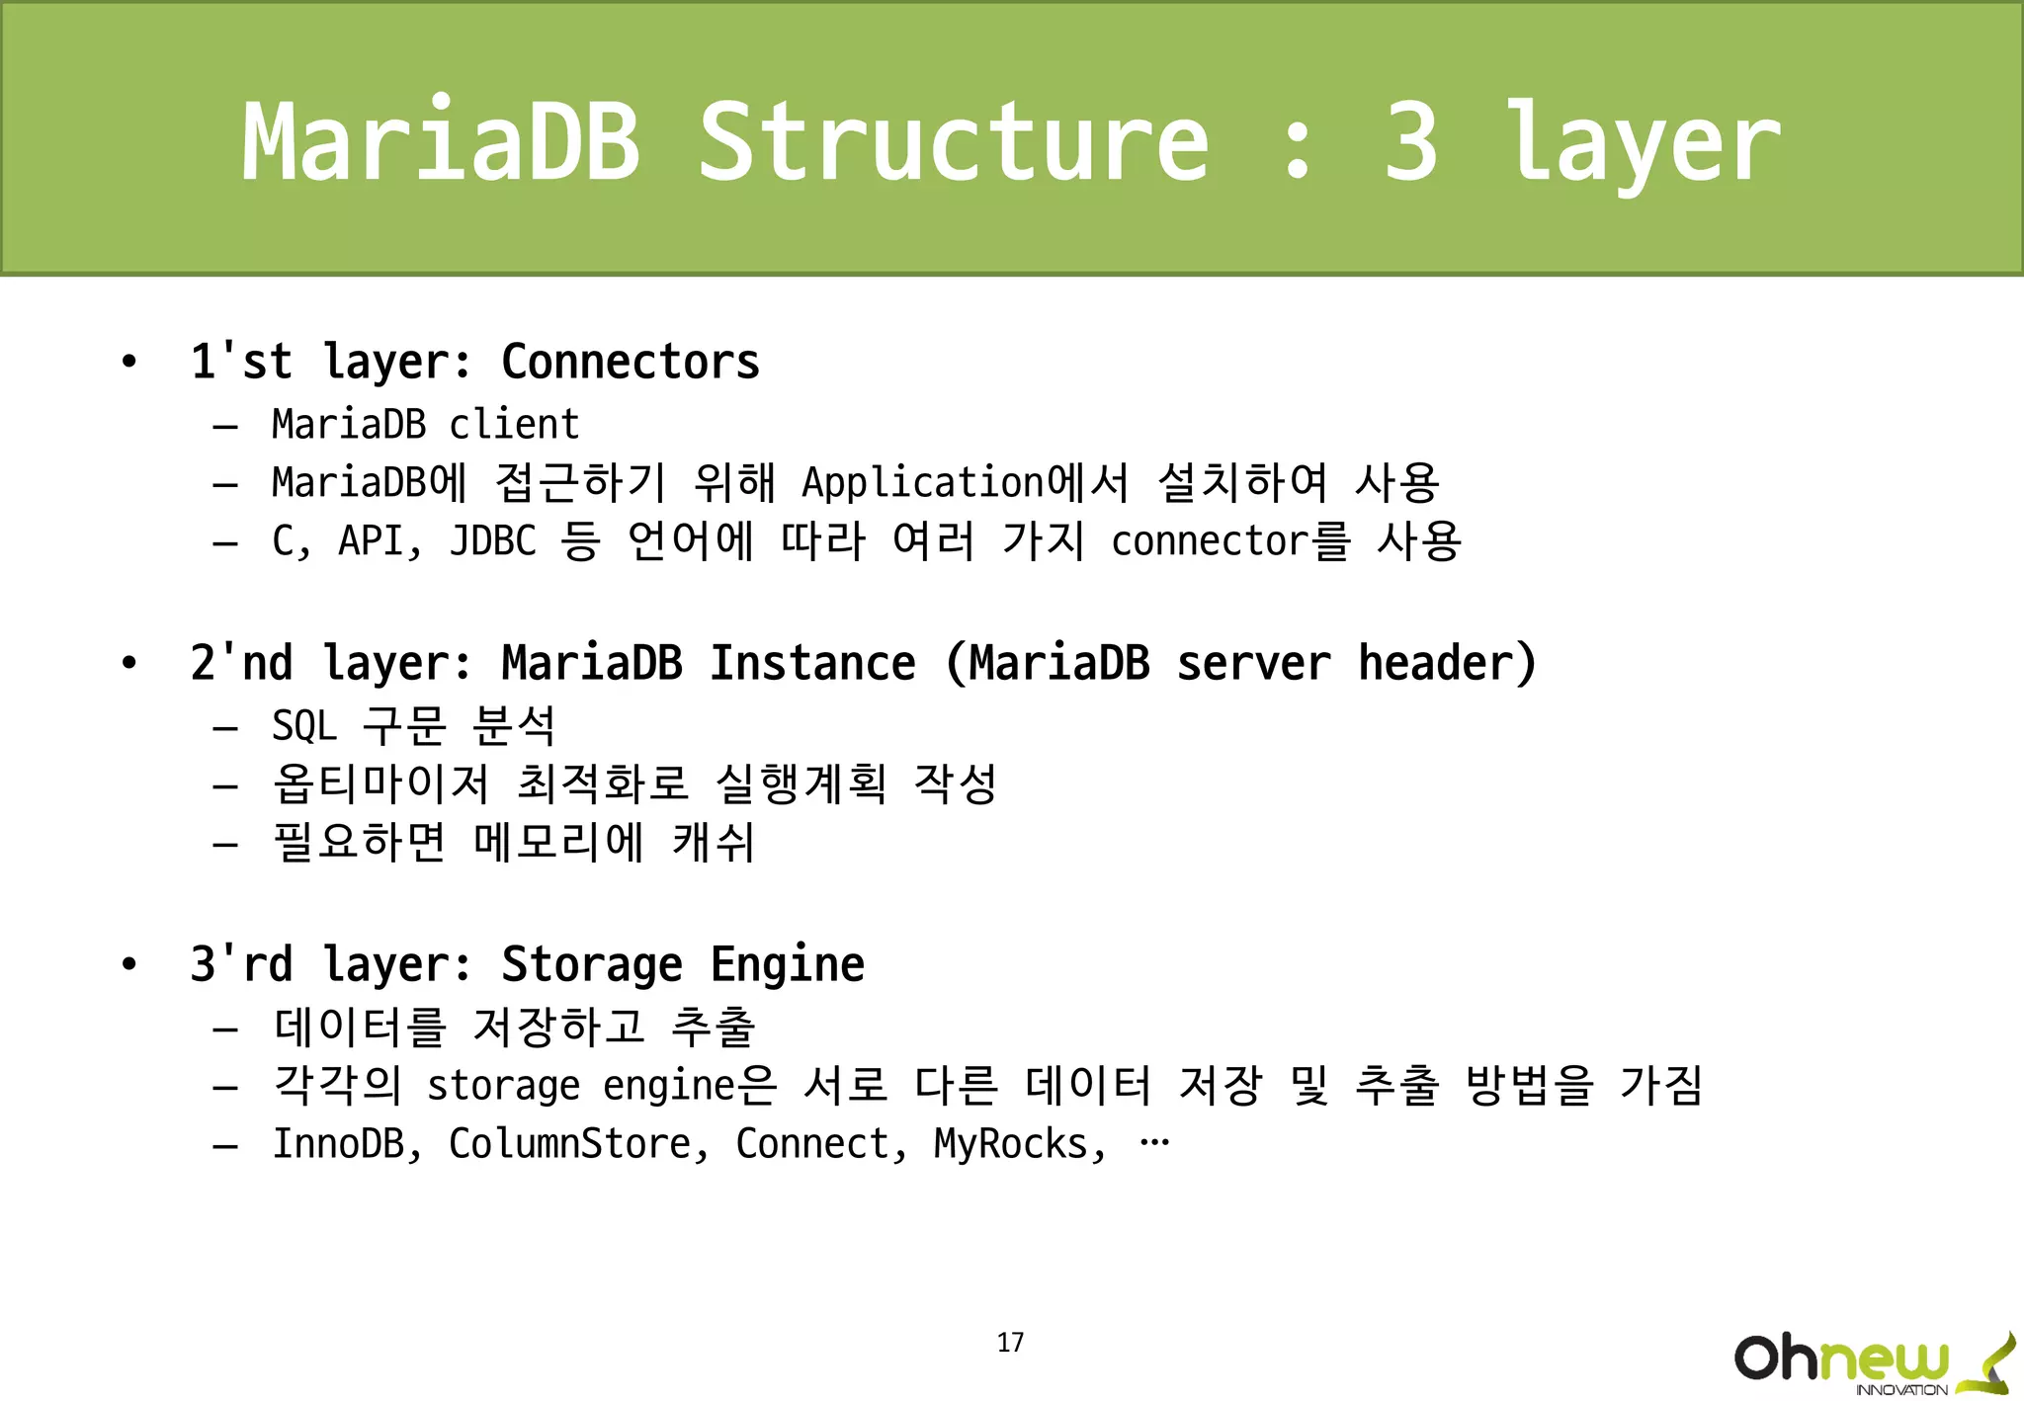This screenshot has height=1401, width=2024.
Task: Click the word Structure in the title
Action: (x=954, y=143)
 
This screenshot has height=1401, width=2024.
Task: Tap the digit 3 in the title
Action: (x=1410, y=143)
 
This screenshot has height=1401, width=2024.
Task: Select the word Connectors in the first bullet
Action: (x=631, y=362)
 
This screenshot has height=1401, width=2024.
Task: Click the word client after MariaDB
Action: (x=514, y=425)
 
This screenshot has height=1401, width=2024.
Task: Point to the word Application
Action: (x=922, y=483)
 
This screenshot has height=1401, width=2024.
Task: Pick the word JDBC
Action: (x=492, y=541)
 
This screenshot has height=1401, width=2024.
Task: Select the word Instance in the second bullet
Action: (x=812, y=663)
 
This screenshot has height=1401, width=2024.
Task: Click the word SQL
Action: (x=304, y=726)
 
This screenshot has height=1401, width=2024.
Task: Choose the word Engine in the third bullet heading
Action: (x=787, y=964)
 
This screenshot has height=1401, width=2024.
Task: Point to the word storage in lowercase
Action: (x=503, y=1086)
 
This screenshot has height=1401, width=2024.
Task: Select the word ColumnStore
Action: (x=570, y=1144)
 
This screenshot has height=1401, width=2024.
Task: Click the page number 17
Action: (x=1010, y=1342)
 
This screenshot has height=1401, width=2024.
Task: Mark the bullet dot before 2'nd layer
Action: (x=128, y=663)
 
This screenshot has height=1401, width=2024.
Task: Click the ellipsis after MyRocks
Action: (x=1154, y=1143)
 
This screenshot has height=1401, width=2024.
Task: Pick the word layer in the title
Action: (x=1642, y=143)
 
